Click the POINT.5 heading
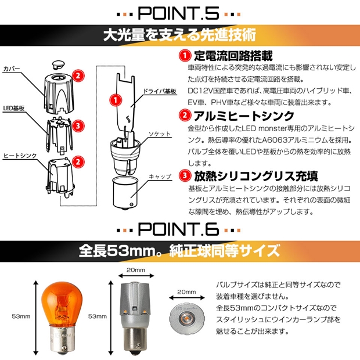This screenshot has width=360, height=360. (x=178, y=13)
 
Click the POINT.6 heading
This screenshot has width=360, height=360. (x=178, y=229)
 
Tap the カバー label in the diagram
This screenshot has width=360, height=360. (x=12, y=69)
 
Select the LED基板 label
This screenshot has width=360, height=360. (x=14, y=108)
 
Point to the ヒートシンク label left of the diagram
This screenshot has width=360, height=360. (x=20, y=156)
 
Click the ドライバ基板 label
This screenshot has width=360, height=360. (x=160, y=91)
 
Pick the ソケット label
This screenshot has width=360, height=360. (x=160, y=134)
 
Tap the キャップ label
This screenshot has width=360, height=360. (x=160, y=177)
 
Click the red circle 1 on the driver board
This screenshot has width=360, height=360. (x=116, y=100)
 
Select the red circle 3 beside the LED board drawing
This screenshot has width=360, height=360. (x=78, y=126)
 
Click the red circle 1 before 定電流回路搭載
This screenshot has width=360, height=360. (x=185, y=56)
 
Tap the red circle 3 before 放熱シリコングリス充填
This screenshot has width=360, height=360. (x=185, y=176)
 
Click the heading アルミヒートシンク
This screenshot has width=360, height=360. (x=244, y=116)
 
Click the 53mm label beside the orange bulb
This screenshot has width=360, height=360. (x=21, y=316)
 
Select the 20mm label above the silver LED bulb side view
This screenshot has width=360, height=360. (x=136, y=270)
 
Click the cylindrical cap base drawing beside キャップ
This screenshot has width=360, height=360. (x=124, y=193)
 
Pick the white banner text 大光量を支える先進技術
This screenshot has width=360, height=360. (x=179, y=35)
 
